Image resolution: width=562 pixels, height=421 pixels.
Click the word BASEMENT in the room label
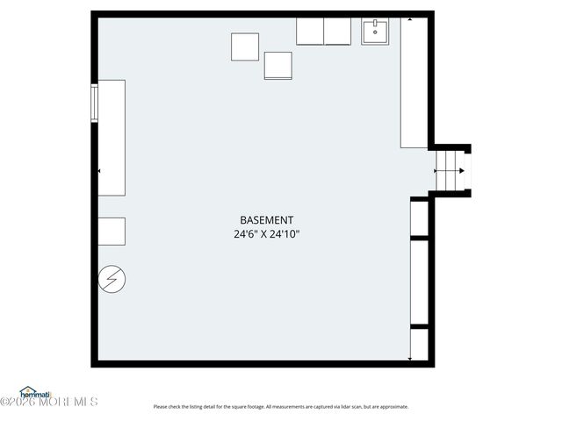267,220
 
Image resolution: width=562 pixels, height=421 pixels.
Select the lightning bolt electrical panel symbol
112,279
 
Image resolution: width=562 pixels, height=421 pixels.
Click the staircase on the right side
451,171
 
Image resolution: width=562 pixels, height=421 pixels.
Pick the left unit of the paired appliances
310,31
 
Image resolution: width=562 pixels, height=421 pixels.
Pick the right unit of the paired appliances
338,31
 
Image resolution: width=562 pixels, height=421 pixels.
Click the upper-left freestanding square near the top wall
245,46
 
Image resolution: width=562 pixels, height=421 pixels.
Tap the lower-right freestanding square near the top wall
277,66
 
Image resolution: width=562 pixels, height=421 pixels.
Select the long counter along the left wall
111,138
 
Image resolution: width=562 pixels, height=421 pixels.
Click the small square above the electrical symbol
111,231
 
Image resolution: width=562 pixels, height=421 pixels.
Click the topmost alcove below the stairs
419,219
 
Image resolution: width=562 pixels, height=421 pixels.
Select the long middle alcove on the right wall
419,282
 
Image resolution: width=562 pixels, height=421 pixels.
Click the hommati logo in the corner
36,391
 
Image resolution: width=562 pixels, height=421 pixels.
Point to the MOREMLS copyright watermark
49,403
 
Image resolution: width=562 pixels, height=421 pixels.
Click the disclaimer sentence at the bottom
281,406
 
